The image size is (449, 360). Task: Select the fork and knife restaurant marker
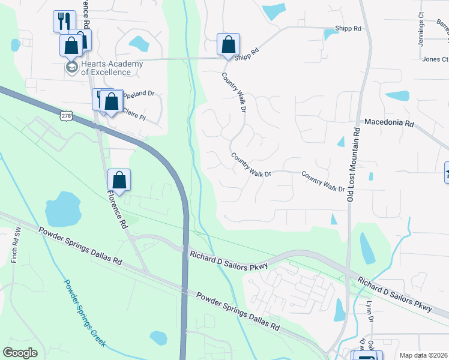point(64,22)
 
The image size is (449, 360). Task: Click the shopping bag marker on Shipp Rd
point(228,44)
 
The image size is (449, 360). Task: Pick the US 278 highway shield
point(66,114)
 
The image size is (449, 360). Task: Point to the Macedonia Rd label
point(389,123)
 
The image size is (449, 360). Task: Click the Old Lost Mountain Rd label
point(352,164)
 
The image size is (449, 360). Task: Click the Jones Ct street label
point(435,59)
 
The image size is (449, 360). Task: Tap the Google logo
point(20,353)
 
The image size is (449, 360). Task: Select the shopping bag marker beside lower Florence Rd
point(119,180)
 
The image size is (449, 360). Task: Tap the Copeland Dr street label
point(139,94)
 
